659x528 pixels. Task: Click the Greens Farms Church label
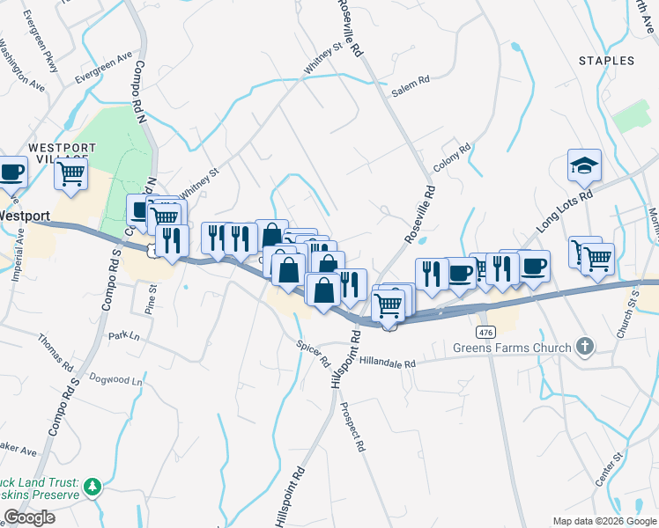click(x=512, y=347)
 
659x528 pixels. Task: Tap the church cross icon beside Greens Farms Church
click(x=584, y=347)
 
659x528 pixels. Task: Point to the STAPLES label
click(x=606, y=61)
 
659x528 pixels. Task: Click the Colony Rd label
click(x=453, y=158)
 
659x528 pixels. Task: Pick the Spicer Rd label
click(x=313, y=355)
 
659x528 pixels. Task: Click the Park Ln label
click(x=124, y=335)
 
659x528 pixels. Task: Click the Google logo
click(x=29, y=517)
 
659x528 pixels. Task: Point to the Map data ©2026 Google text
click(x=603, y=521)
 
